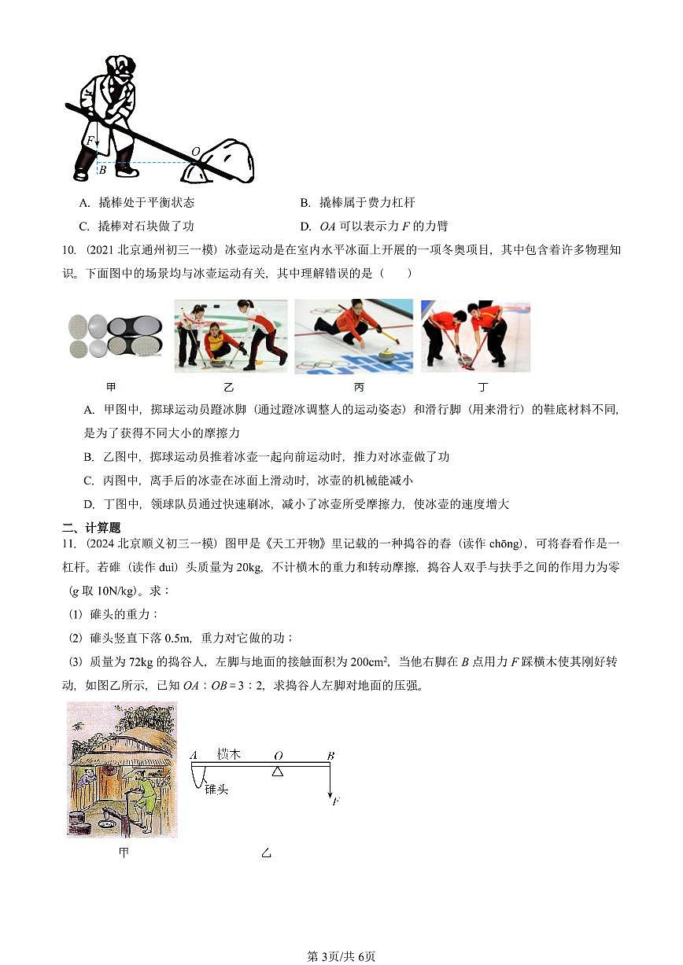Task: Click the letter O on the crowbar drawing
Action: coord(195,151)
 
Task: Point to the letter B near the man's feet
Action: coord(102,169)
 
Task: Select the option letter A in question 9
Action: coord(84,203)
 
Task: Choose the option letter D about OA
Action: coord(306,227)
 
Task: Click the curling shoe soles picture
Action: coord(116,336)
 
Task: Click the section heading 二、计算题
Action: coord(91,528)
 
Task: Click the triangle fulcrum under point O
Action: coord(277,772)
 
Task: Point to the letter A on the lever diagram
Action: coord(194,756)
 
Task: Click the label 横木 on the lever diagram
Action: coord(228,754)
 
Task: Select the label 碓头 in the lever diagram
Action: coord(216,789)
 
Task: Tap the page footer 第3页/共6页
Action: coord(341,956)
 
